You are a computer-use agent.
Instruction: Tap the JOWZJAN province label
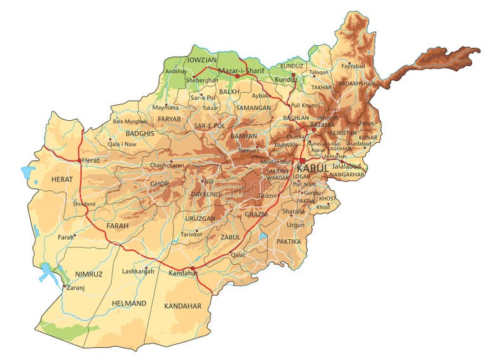click(201, 60)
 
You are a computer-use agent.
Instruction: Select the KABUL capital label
click(313, 167)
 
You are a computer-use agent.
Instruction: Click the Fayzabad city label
click(355, 66)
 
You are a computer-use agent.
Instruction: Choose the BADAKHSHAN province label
click(358, 83)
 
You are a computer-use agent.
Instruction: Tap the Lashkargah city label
click(138, 271)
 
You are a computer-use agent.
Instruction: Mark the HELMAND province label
click(129, 303)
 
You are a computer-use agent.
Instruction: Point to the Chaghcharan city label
click(166, 165)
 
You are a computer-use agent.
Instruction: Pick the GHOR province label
click(159, 184)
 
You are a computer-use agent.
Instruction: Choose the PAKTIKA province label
click(288, 242)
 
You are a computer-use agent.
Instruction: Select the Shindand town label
click(84, 204)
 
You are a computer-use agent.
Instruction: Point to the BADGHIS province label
click(140, 134)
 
